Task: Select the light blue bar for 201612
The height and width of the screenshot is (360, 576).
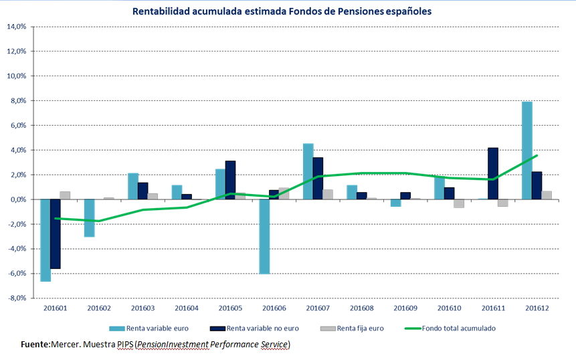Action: (x=527, y=151)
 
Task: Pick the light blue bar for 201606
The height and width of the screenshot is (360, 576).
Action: (x=264, y=236)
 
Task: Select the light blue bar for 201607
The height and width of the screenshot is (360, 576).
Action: (x=308, y=171)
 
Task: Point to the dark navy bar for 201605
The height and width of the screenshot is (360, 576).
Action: (x=230, y=180)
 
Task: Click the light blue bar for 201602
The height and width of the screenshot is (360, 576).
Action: (x=90, y=218)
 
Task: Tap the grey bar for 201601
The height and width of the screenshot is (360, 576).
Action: (x=66, y=195)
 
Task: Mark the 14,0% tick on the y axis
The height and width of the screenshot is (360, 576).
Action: (x=16, y=27)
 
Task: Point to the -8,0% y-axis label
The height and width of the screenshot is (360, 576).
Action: (x=16, y=298)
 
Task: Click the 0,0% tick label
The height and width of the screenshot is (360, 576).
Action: (x=17, y=199)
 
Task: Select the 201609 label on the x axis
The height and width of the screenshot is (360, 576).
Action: (x=406, y=308)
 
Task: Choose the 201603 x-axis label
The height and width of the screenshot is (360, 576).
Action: (x=143, y=308)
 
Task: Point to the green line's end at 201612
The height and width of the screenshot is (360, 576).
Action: (x=537, y=156)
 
